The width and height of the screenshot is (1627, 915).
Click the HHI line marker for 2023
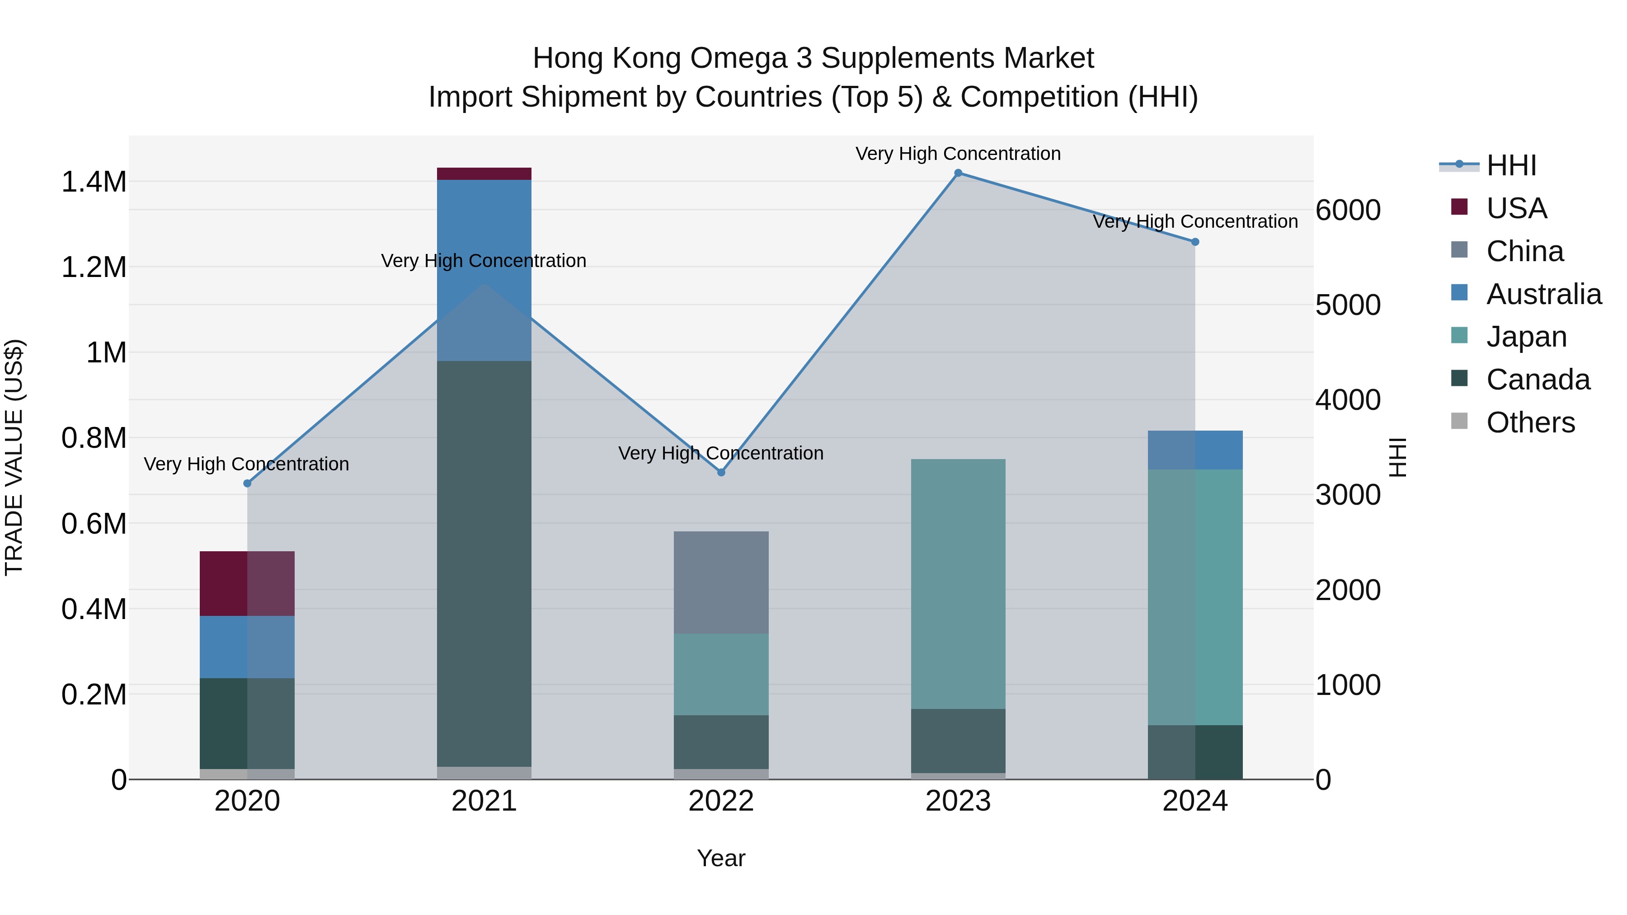click(958, 173)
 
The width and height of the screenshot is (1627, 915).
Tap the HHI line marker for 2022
click(721, 472)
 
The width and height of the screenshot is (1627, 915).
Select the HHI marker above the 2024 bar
click(1194, 242)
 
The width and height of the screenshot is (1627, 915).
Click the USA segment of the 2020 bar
click(247, 583)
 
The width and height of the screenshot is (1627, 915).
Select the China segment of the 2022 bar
click(721, 582)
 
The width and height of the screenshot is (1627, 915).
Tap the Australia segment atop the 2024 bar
click(1194, 450)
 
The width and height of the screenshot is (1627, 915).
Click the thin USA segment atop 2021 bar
click(484, 174)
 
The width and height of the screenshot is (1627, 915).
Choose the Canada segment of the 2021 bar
click(484, 563)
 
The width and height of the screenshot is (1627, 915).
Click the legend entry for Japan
click(1525, 337)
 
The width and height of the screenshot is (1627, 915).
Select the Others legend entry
click(1530, 422)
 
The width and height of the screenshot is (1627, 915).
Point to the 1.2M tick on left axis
click(94, 267)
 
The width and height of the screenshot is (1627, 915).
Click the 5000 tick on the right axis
click(1347, 305)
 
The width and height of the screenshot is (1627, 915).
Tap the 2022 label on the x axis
click(721, 801)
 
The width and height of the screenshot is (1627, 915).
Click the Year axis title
click(721, 858)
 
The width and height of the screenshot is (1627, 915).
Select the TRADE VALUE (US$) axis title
click(14, 457)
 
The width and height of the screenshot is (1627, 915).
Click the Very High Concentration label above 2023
click(958, 154)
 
